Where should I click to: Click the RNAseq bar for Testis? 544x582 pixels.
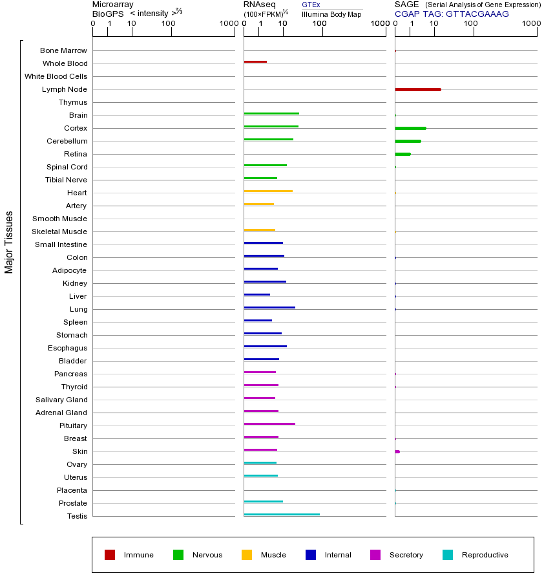tap(282, 515)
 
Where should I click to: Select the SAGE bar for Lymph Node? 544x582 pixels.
tap(418, 89)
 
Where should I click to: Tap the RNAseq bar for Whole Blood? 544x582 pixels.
tap(255, 62)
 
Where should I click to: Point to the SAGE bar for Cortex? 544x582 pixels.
tap(410, 128)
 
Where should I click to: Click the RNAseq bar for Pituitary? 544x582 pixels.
tap(269, 424)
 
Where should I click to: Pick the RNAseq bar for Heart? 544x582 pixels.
tap(268, 191)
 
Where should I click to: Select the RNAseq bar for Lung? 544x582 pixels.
tap(269, 308)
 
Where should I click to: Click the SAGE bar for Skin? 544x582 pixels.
tap(397, 451)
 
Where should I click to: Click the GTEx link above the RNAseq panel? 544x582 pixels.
tap(311, 5)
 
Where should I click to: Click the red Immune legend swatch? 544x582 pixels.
tap(110, 555)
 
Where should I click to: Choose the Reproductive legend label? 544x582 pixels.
tap(485, 555)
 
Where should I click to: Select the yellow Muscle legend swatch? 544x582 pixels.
tap(247, 555)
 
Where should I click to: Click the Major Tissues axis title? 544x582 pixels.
tap(9, 242)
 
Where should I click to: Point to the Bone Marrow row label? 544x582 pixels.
tap(63, 50)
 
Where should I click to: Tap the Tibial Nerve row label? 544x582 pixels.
tap(66, 180)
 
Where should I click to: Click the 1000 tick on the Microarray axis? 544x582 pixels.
tap(227, 24)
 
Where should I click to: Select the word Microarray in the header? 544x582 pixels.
tap(113, 5)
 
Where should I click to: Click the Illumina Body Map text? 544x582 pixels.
tap(331, 14)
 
